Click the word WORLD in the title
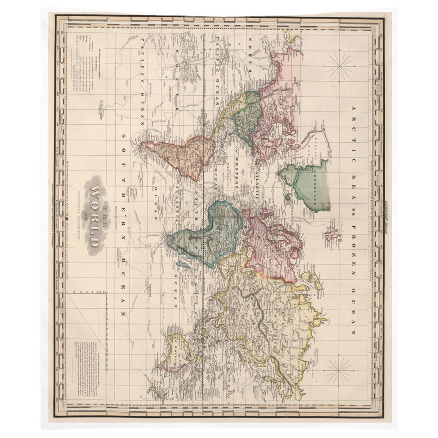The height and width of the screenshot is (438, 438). tap(94, 217)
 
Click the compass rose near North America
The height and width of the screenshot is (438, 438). tap(339, 67)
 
